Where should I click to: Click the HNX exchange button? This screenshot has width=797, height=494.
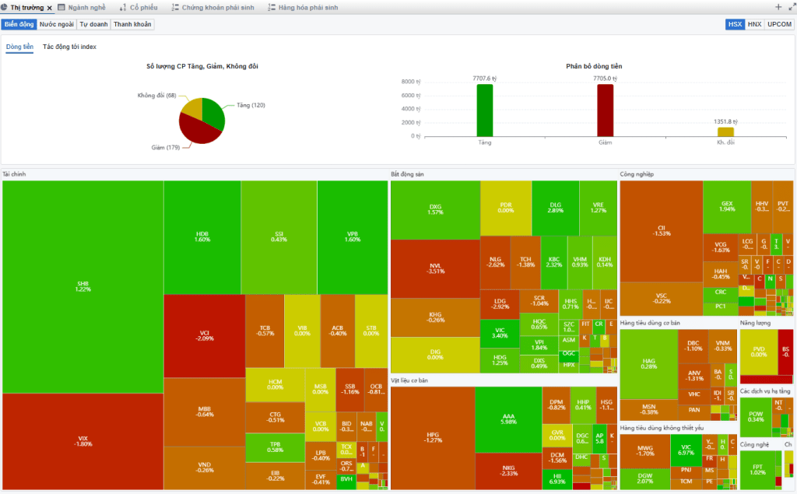(x=754, y=24)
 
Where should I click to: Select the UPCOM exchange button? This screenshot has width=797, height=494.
(x=779, y=24)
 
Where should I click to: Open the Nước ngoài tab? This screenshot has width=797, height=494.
(x=57, y=24)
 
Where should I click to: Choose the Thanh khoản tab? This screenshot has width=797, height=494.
(x=132, y=24)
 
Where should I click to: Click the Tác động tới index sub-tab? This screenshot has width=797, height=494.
(x=69, y=47)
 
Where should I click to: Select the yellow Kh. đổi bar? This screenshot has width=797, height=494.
(x=725, y=131)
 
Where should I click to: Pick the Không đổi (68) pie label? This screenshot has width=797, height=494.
(x=156, y=96)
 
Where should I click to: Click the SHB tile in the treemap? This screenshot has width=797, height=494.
(x=83, y=286)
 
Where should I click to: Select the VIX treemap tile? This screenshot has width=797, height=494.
(x=83, y=441)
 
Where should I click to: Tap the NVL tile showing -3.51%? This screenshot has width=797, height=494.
(x=435, y=268)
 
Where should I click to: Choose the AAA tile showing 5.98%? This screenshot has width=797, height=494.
(x=507, y=419)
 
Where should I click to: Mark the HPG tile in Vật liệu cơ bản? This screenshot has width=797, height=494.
(x=432, y=437)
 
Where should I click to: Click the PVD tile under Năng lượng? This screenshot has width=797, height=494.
(x=758, y=352)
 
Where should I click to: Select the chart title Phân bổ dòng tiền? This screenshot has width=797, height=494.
(x=594, y=66)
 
